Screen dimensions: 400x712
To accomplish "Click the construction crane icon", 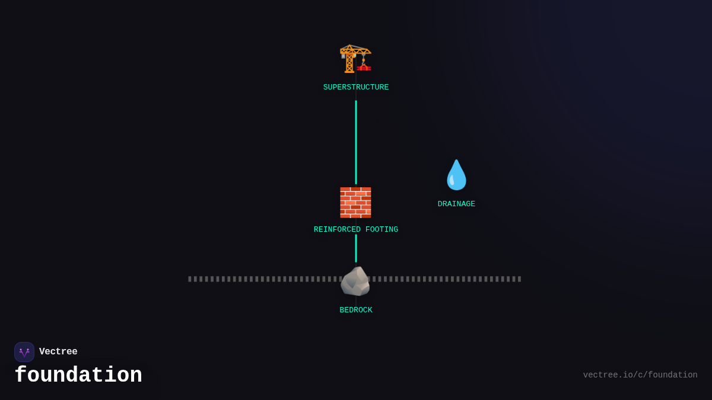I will [x=355, y=59].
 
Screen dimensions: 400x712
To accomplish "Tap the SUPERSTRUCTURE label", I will [x=356, y=88].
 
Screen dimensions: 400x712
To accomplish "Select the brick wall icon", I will [x=355, y=203].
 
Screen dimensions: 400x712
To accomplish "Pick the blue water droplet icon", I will [x=456, y=175].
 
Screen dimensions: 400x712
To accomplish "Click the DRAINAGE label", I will [x=456, y=204].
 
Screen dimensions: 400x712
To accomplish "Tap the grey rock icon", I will [x=355, y=281].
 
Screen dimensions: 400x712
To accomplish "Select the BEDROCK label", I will [x=356, y=311].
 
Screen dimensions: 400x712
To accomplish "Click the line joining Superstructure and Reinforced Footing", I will [x=356, y=142].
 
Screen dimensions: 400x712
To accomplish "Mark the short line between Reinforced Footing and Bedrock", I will [x=356, y=248].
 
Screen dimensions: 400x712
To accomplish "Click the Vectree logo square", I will [x=24, y=352].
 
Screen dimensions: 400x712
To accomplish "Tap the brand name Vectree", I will [x=58, y=352].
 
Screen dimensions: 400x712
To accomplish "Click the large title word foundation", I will [x=78, y=376].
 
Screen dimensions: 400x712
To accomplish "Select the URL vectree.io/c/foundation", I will [x=640, y=375].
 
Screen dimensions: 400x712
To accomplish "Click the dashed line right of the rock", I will [x=445, y=279].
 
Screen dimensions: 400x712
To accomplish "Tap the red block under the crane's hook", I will [x=364, y=68].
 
